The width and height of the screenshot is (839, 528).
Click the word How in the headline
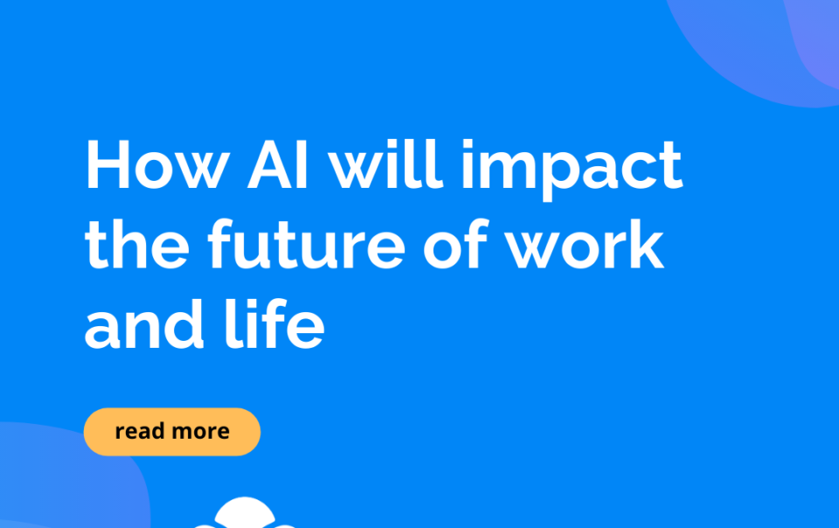pyautogui.click(x=157, y=164)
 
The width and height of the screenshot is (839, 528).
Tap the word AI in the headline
pyautogui.click(x=278, y=164)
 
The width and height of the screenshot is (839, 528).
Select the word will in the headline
pyautogui.click(x=385, y=163)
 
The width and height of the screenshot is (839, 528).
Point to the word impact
pyautogui.click(x=572, y=170)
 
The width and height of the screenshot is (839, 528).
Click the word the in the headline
pyautogui.click(x=137, y=244)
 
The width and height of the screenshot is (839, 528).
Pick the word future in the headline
pyautogui.click(x=307, y=243)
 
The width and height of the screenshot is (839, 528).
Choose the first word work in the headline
pyautogui.click(x=585, y=244)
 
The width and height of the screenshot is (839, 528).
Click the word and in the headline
pyautogui.click(x=144, y=324)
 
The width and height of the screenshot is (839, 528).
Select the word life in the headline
pyautogui.click(x=274, y=324)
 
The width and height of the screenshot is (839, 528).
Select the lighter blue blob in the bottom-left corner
pyautogui.click(x=59, y=476)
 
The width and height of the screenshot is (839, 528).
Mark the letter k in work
pyautogui.click(x=647, y=244)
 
